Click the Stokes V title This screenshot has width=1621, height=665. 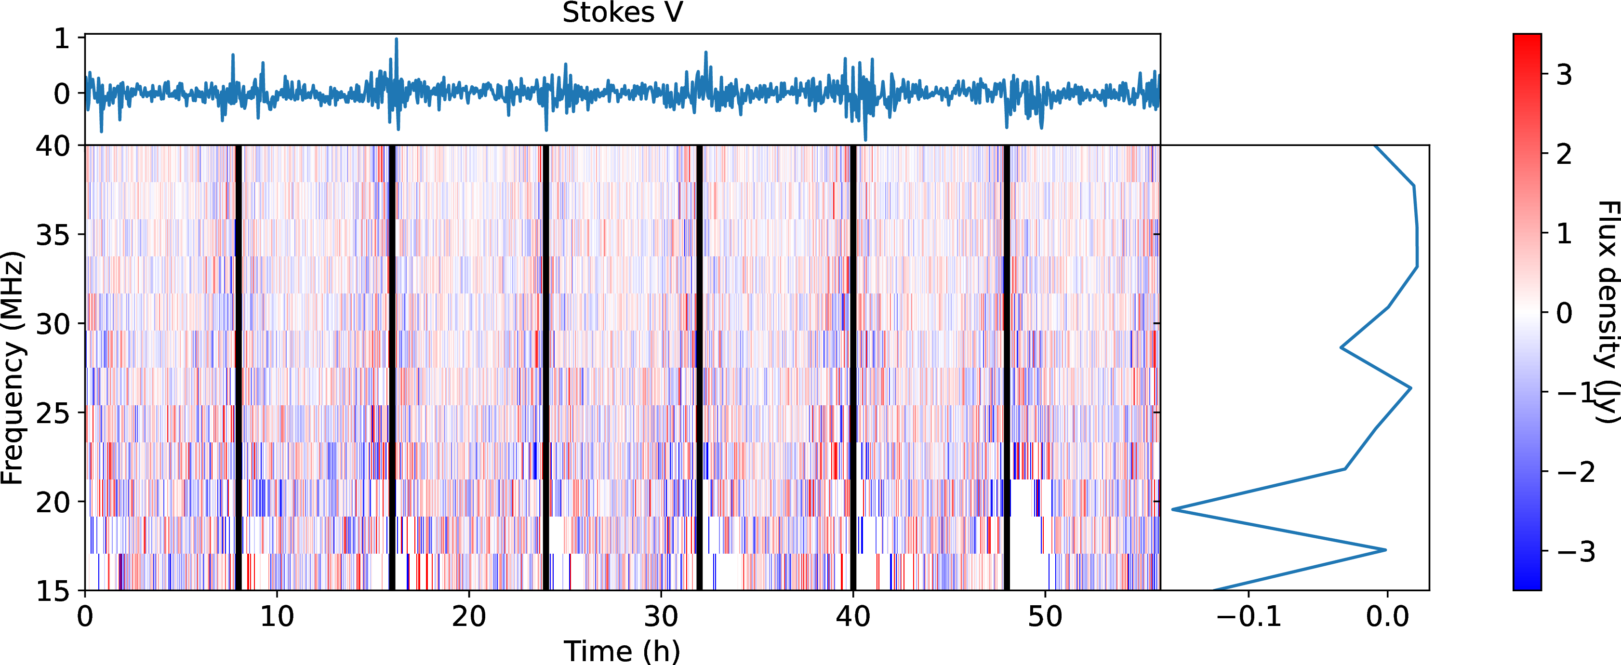pos(622,13)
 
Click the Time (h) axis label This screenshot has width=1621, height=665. pos(622,651)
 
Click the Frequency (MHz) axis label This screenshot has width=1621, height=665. pos(13,368)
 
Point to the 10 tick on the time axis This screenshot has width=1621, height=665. pos(277,616)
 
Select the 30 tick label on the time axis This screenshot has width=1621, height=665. pos(661,616)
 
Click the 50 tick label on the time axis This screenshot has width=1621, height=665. pos(1045,616)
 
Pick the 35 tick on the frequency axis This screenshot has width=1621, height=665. pos(53,235)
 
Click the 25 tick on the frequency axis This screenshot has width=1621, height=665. pos(53,412)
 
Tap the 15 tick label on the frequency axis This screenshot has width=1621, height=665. pos(53,591)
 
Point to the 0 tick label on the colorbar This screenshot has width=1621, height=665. pos(1564,313)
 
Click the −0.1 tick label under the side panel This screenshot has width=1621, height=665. pos(1249,616)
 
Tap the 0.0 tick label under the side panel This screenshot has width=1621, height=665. pos(1387,616)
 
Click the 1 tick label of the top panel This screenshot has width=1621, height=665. pos(62,39)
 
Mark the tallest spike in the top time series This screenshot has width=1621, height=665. pos(397,40)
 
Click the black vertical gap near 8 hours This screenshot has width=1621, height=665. pos(239,368)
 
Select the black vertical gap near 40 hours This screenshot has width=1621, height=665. pos(853,368)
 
